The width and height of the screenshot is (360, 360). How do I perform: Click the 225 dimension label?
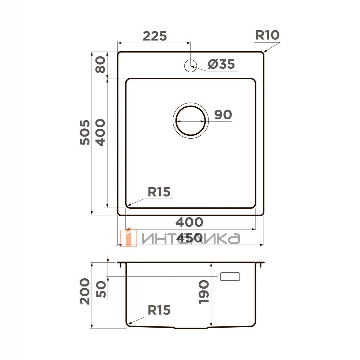click(154, 36)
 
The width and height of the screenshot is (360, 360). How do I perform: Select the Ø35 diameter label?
click(221, 64)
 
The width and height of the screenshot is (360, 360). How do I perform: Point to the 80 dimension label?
click(100, 64)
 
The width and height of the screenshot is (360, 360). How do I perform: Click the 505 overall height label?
click(85, 132)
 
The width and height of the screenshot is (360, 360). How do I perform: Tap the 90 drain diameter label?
click(223, 115)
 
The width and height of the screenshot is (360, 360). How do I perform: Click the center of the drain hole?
click(190, 121)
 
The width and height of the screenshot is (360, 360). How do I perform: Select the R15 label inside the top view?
click(159, 192)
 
